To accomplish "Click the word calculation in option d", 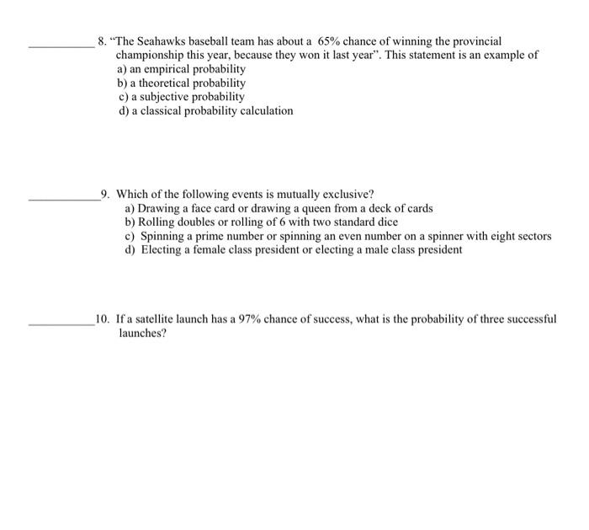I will [260, 110].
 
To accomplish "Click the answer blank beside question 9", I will [64, 199].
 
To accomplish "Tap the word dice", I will [386, 222].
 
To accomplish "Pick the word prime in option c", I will [207, 236].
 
